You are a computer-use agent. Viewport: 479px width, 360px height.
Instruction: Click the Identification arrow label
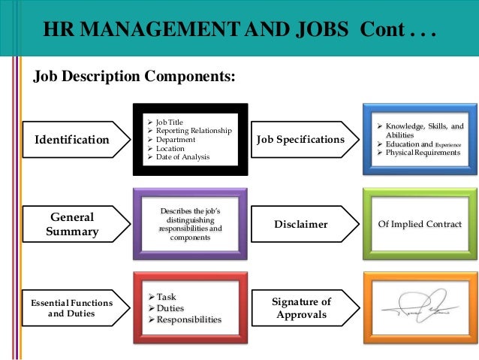coord(72,140)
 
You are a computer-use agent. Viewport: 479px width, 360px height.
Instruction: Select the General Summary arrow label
coord(71,224)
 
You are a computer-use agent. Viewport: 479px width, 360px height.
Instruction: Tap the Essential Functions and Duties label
coord(71,307)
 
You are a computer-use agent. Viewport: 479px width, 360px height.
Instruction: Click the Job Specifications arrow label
coord(300,140)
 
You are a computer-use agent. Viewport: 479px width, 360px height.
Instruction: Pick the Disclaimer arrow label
coord(300,224)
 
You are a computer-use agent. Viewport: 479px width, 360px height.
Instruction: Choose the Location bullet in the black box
coord(170,148)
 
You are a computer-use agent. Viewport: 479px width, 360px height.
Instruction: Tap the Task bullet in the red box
coord(165,297)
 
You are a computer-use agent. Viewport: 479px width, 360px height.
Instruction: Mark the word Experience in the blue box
coord(447,144)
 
